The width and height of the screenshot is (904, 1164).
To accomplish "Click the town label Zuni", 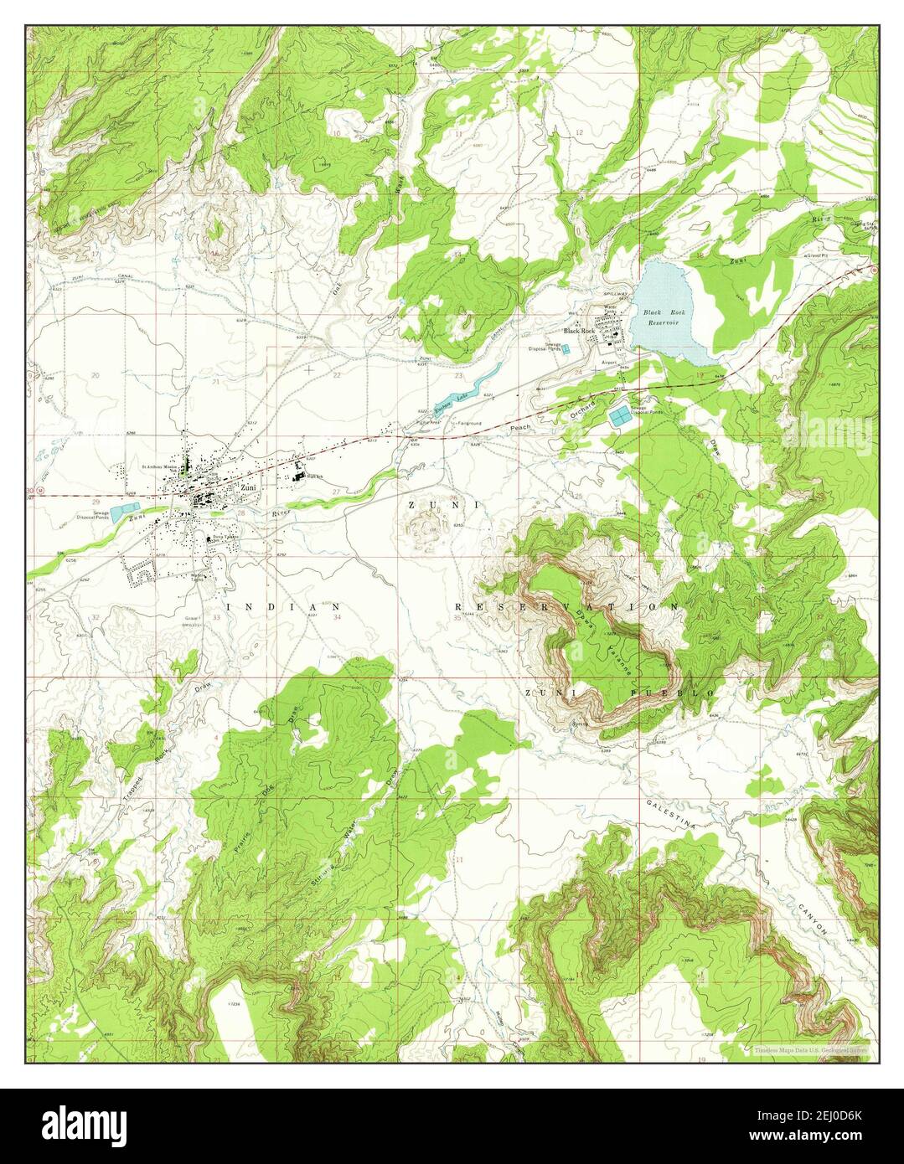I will click(x=247, y=487).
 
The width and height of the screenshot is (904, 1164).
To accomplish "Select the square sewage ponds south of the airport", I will click(x=622, y=415).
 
